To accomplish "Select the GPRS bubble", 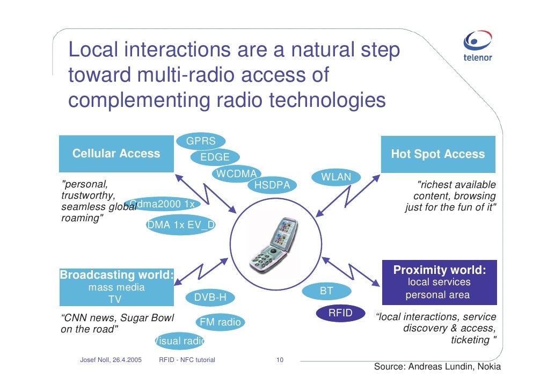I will (x=201, y=142).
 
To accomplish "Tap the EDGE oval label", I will (x=215, y=157).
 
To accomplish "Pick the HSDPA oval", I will (x=272, y=185).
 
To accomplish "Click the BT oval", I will (x=326, y=291).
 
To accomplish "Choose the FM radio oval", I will (x=220, y=322).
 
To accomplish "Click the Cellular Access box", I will (x=116, y=154).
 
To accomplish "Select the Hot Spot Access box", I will (x=437, y=155).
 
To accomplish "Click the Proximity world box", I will (x=439, y=282).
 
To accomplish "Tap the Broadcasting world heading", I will (x=116, y=276).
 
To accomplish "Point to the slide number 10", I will (x=279, y=359).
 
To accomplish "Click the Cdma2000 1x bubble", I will (x=164, y=204).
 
